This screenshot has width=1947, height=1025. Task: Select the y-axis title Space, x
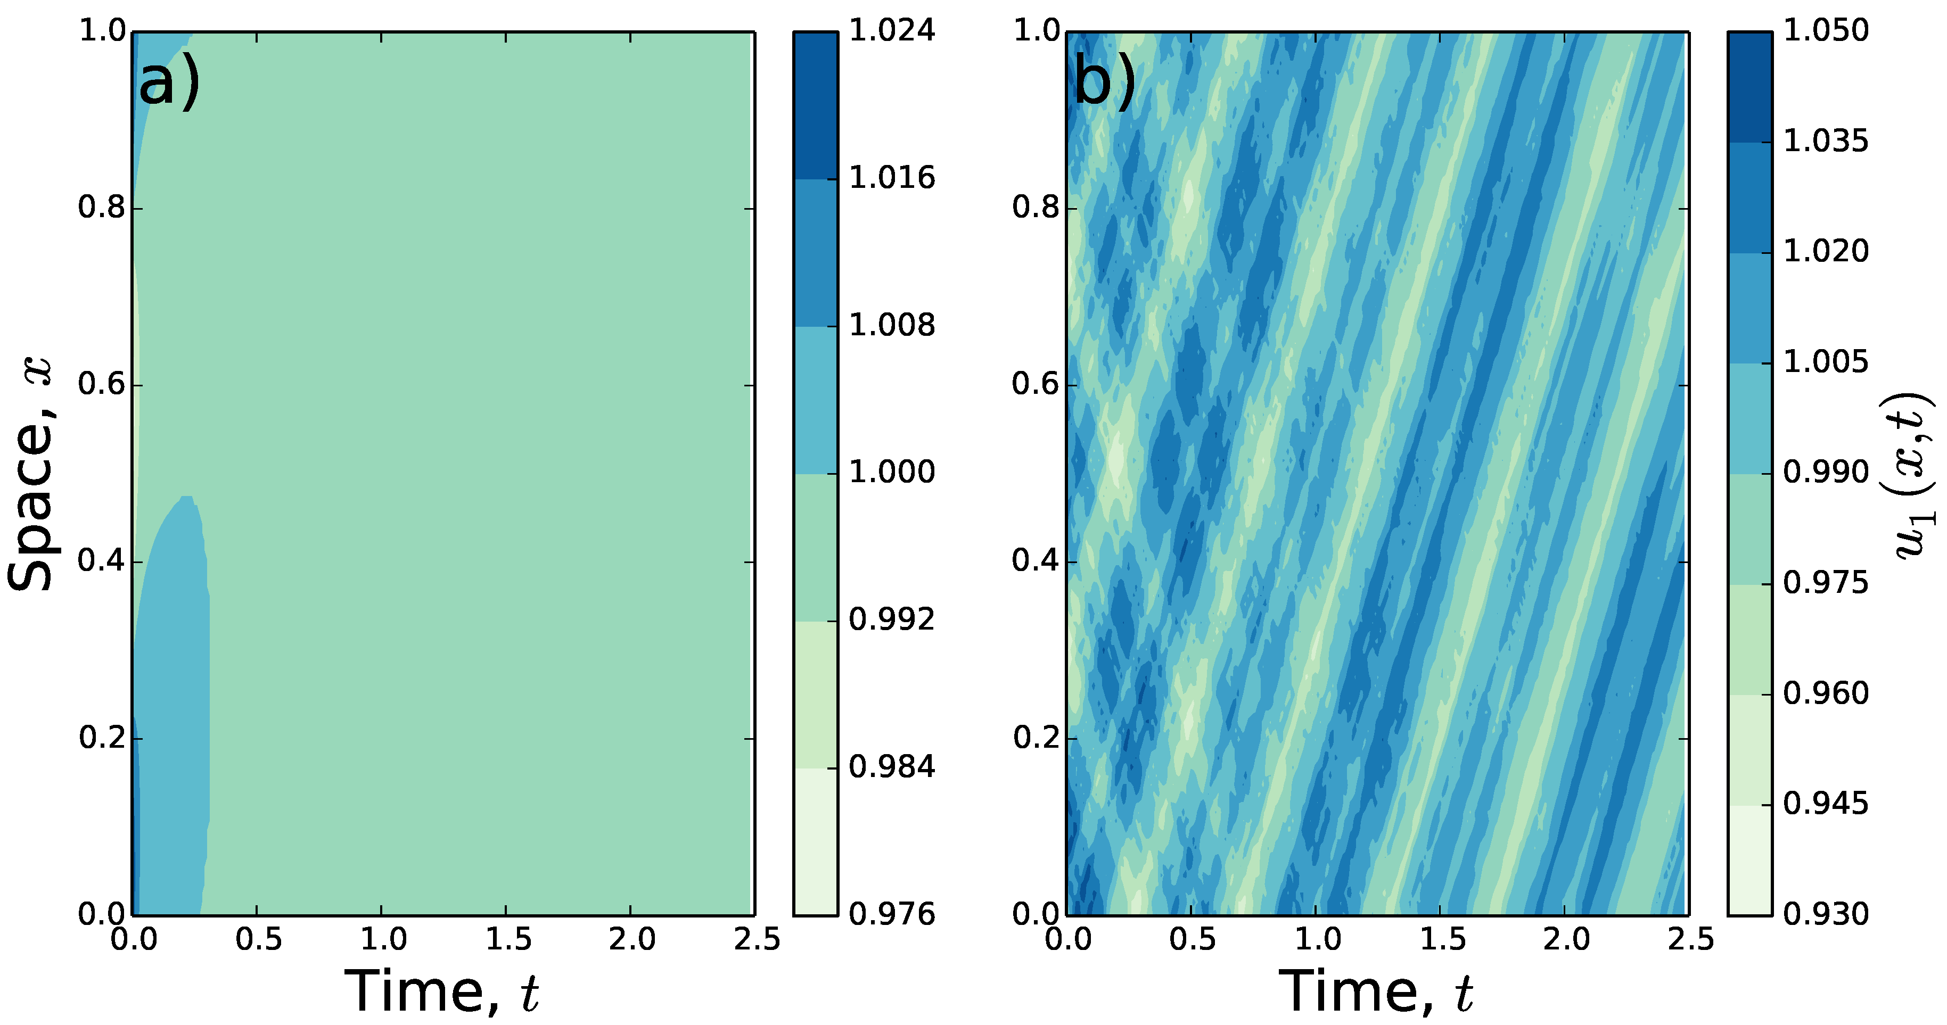(x=32, y=474)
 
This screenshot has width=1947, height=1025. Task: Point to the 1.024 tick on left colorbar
(x=892, y=31)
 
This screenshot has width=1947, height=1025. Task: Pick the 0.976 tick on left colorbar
(x=892, y=914)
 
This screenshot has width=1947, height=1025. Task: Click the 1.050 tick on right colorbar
(x=1825, y=31)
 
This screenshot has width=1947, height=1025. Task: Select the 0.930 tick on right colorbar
(x=1825, y=914)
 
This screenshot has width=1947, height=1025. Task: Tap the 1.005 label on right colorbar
(x=1825, y=362)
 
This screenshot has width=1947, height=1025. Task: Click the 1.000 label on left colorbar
(x=892, y=472)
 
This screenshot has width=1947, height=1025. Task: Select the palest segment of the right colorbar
(x=1749, y=859)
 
